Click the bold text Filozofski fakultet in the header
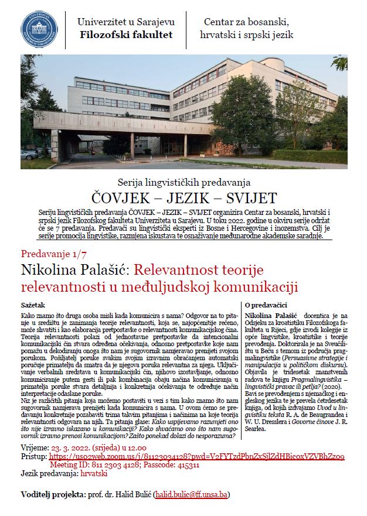126,35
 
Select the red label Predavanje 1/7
52,254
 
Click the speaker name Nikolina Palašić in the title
74,271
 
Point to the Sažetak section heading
35,306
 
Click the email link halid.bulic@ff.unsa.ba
191,495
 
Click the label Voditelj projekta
52,495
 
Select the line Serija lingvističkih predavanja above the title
183,182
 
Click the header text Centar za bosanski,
246,22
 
